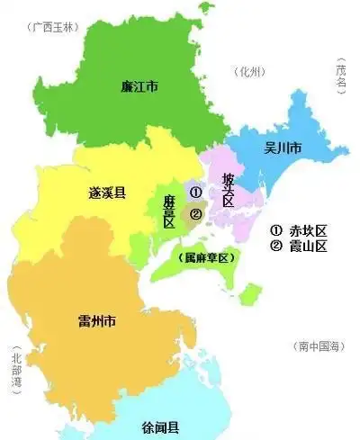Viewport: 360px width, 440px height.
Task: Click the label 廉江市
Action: point(139,86)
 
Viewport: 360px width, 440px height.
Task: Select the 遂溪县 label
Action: point(107,193)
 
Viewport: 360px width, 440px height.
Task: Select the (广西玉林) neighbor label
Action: point(53,27)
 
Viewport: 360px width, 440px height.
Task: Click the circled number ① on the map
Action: point(195,192)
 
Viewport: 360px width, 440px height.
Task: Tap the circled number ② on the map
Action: point(195,213)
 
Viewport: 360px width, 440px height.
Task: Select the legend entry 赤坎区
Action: point(302,229)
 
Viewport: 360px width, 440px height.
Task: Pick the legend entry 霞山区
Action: point(302,245)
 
